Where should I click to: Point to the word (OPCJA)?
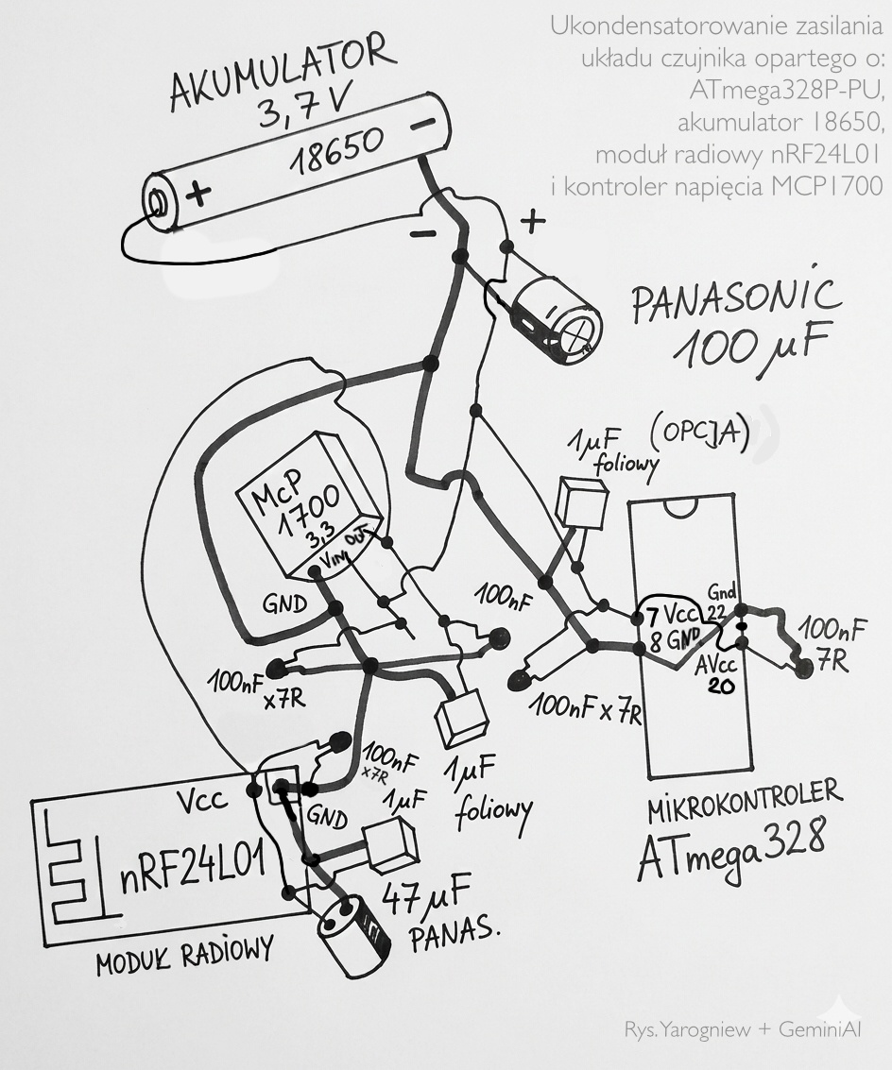700,432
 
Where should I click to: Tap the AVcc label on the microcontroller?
717,665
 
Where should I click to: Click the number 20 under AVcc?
722,687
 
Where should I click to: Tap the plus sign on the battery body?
197,194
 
